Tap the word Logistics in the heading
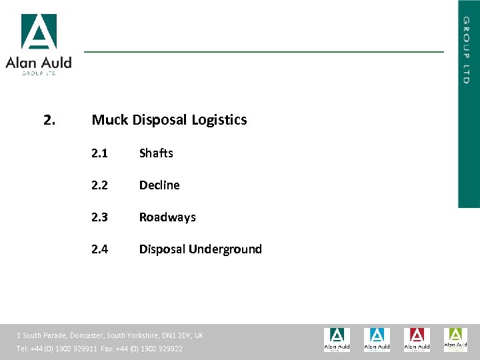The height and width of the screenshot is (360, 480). click(219, 120)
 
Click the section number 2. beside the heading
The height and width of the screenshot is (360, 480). click(49, 120)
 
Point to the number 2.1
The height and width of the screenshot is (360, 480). click(99, 153)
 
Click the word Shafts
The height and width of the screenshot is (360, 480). click(156, 153)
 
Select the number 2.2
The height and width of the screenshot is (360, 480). click(99, 185)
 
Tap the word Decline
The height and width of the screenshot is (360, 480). click(159, 185)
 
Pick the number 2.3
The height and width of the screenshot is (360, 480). click(99, 217)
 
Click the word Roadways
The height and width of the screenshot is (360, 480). click(167, 217)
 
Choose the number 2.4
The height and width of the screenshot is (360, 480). click(99, 249)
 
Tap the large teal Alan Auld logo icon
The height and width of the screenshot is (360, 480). click(39, 31)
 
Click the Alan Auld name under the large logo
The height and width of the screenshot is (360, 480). click(39, 63)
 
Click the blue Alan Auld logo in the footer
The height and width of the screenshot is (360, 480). click(377, 339)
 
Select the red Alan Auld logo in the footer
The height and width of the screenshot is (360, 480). click(417, 339)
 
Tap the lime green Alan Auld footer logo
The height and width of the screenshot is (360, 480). click(456, 339)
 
